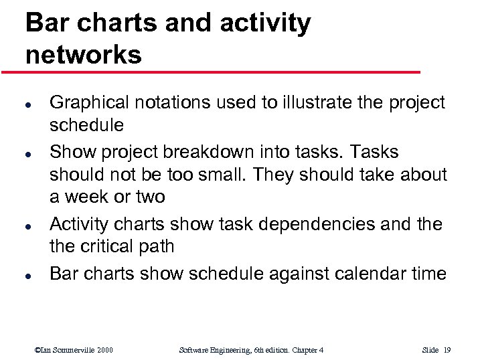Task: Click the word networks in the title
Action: coord(84,54)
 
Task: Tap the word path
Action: coord(157,246)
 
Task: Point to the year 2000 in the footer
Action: coord(104,350)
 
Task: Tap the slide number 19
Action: coord(447,350)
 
